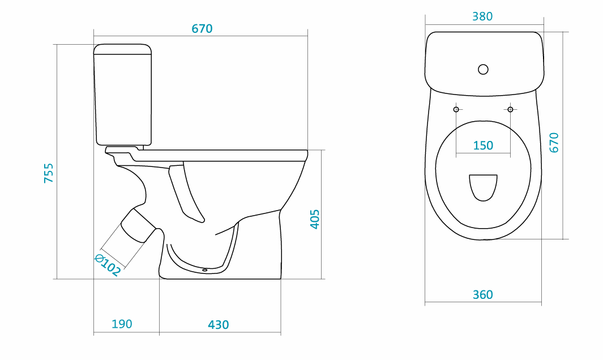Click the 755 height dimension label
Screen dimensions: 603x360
click(x=49, y=173)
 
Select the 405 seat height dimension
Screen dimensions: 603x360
click(x=315, y=219)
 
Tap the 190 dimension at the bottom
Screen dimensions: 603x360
click(x=122, y=324)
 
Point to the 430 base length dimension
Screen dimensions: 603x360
click(x=219, y=325)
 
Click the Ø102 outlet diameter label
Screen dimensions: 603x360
click(x=108, y=265)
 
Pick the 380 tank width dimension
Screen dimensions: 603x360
click(x=482, y=16)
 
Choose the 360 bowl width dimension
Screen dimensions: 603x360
click(x=482, y=294)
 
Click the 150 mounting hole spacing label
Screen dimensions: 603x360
click(x=483, y=145)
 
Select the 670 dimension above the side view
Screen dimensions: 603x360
click(x=202, y=29)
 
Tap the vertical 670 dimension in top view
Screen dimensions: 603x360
click(x=554, y=143)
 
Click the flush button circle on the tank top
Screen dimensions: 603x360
click(x=484, y=69)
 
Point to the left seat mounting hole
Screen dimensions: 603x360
click(x=456, y=110)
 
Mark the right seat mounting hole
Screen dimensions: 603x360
click(x=510, y=110)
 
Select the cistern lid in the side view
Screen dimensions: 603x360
click(x=122, y=49)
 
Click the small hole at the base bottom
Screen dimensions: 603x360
click(x=204, y=270)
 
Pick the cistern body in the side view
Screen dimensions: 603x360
click(x=123, y=100)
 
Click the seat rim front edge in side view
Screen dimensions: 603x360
click(x=306, y=156)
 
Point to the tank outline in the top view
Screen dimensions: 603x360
click(x=484, y=63)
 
